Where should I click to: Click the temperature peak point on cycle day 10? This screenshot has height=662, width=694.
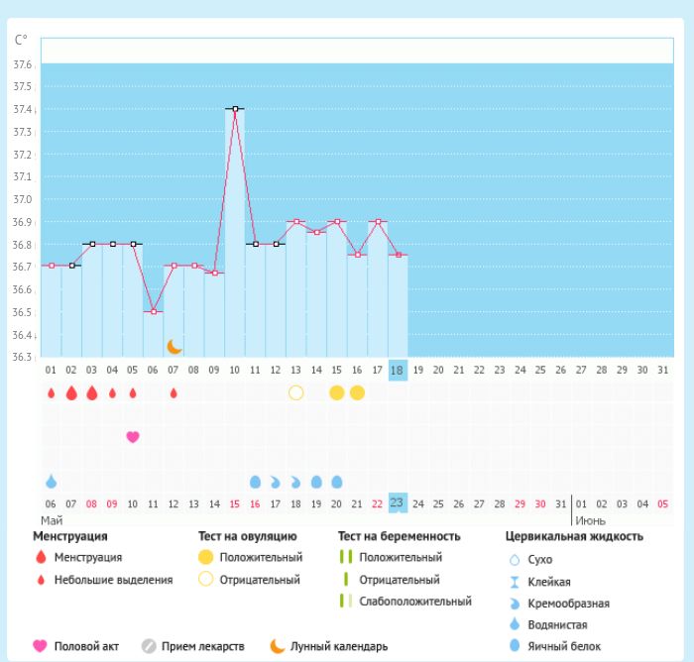pyautogui.click(x=235, y=109)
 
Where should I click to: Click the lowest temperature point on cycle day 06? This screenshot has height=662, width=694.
pyautogui.click(x=153, y=311)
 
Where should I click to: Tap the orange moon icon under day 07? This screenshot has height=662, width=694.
pyautogui.click(x=174, y=346)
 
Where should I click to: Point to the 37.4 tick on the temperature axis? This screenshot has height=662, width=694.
pyautogui.click(x=23, y=109)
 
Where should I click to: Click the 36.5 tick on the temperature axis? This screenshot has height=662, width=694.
pyautogui.click(x=23, y=311)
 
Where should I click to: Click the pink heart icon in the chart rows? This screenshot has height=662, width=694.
pyautogui.click(x=133, y=436)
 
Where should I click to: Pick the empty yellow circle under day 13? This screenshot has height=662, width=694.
pyautogui.click(x=295, y=392)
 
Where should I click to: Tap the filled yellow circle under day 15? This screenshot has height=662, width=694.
pyautogui.click(x=336, y=392)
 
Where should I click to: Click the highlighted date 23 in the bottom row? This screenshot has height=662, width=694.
pyautogui.click(x=398, y=502)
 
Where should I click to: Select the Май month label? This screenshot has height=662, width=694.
pyautogui.click(x=51, y=519)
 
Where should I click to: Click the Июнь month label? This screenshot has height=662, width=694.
pyautogui.click(x=591, y=519)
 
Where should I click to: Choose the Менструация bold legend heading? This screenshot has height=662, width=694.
pyautogui.click(x=72, y=536)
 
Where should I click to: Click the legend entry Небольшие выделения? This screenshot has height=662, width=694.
pyautogui.click(x=112, y=580)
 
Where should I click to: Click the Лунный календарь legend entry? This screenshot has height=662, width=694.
pyautogui.click(x=338, y=647)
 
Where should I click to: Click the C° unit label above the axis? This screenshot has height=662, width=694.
pyautogui.click(x=22, y=40)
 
